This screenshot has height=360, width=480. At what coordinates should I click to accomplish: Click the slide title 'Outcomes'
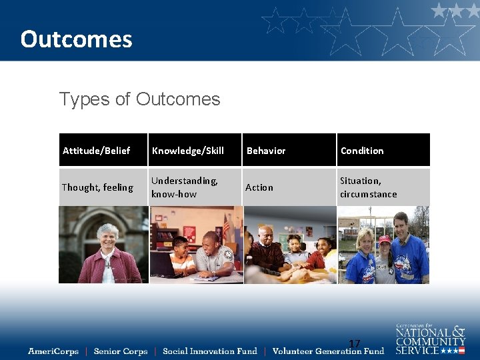tap(76, 39)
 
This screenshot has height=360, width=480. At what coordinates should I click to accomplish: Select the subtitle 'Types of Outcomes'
tap(139, 99)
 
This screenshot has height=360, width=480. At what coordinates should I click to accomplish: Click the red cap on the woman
tap(384, 239)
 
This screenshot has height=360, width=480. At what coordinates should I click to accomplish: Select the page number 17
tap(355, 344)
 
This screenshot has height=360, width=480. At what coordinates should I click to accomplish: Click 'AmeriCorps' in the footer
tap(53, 351)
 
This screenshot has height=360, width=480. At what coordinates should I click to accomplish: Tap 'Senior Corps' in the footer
tap(121, 351)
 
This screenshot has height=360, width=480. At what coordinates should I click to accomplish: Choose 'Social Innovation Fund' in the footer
tap(209, 351)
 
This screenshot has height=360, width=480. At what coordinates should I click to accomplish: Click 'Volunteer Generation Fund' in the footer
tap(328, 351)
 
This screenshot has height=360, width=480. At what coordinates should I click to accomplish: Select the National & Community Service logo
tap(430, 339)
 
